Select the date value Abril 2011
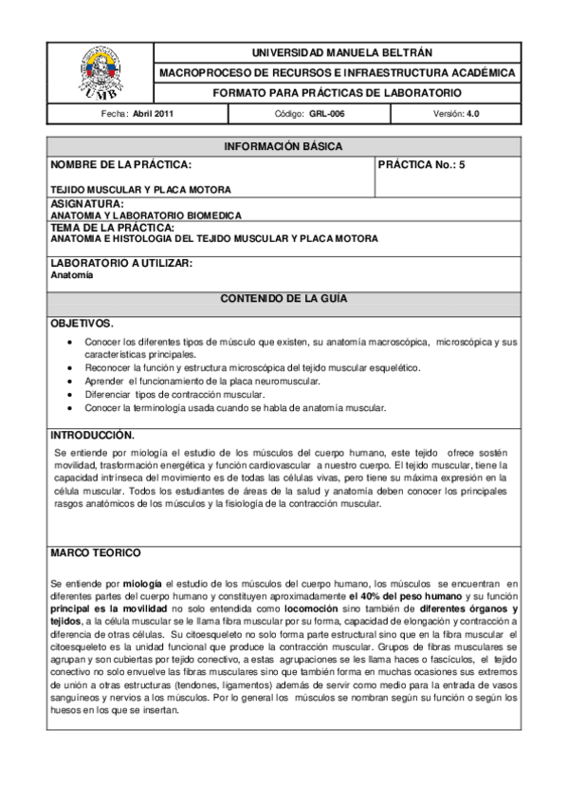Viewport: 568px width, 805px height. (153, 114)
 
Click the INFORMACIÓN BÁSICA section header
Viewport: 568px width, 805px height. (283, 146)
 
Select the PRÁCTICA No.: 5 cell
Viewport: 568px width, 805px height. (422, 164)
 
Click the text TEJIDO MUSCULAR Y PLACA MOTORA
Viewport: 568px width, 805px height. (140, 189)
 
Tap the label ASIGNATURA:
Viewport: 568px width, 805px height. (86, 204)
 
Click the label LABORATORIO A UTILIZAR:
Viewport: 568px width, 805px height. (121, 263)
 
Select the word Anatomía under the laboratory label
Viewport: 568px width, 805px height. (71, 275)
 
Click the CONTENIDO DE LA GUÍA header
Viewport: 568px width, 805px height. (283, 298)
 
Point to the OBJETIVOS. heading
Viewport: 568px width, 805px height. (82, 324)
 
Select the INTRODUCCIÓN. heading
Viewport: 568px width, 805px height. (92, 435)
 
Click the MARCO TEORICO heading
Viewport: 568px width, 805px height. (96, 552)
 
